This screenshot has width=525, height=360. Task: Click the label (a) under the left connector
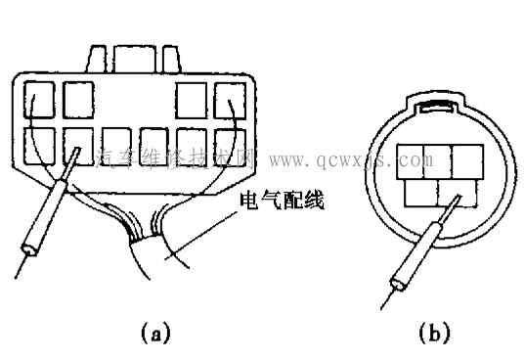[153, 333]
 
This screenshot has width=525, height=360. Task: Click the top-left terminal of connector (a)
[38, 100]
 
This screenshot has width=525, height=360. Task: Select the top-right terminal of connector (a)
[232, 100]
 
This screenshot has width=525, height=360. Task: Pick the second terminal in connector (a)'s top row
[78, 100]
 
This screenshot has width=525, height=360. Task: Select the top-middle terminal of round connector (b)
[437, 157]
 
